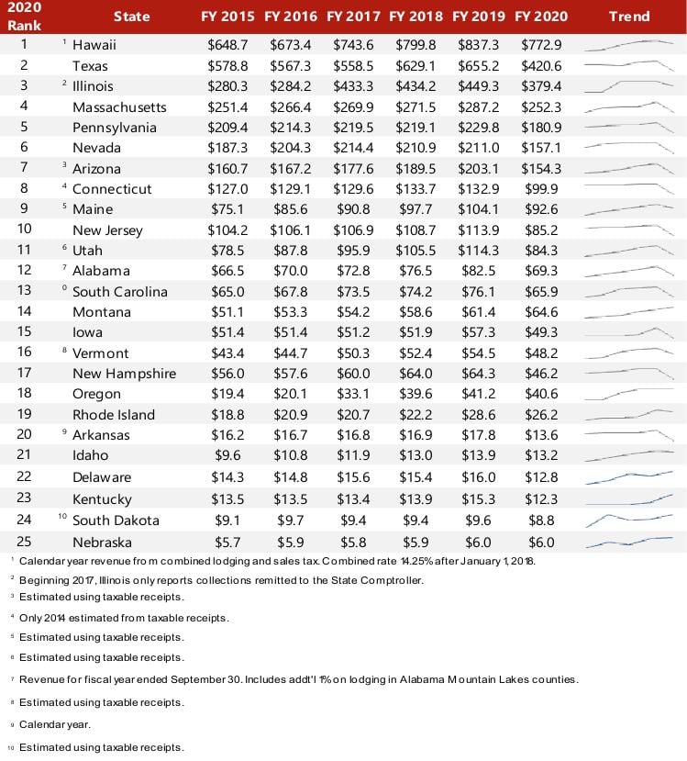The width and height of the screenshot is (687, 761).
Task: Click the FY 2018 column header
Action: (417, 17)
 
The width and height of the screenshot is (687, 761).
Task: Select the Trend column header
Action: (628, 17)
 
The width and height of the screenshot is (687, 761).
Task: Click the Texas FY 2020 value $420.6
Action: (542, 65)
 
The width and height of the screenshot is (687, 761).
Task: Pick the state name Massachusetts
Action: (119, 107)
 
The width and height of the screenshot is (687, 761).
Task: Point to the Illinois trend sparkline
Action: (628, 85)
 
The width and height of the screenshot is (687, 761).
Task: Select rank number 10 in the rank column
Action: (25, 229)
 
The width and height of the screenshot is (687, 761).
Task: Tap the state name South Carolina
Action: (120, 292)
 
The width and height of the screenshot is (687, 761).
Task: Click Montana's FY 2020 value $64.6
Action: (542, 312)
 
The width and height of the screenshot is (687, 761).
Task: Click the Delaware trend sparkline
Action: (628, 476)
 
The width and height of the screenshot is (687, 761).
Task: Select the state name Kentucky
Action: (102, 498)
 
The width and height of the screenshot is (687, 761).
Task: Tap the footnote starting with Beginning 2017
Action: (220, 580)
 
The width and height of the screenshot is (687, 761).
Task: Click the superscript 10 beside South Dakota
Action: (61, 516)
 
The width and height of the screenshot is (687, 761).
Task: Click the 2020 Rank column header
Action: (25, 17)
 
